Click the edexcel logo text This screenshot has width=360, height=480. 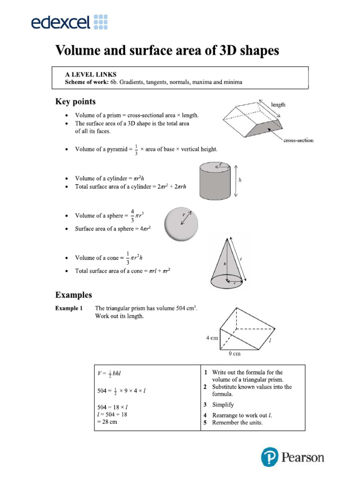61,22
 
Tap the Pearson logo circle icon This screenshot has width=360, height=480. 270,457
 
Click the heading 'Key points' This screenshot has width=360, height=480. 75,102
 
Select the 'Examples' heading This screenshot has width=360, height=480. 74,295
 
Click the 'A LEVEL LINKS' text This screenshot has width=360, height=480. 90,75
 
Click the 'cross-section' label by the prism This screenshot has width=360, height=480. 298,140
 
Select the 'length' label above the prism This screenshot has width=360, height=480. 277,105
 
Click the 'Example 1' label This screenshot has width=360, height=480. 69,308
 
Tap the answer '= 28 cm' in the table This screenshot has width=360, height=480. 107,421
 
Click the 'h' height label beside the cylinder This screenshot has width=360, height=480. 240,180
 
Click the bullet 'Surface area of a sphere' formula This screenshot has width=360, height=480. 113,229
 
